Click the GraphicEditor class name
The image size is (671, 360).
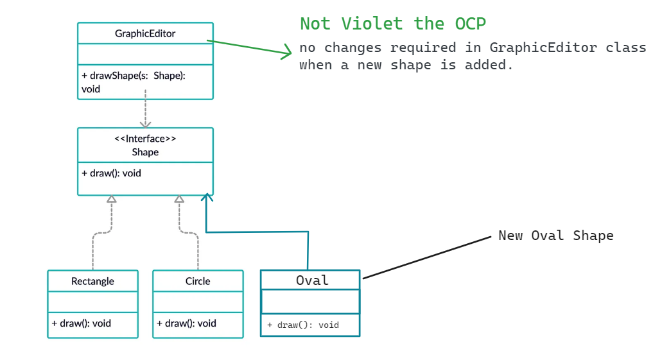[145, 33]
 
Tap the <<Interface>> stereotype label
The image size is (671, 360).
[145, 139]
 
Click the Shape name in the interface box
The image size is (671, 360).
[145, 152]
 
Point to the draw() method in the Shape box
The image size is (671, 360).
[111, 173]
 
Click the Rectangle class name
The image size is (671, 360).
[92, 281]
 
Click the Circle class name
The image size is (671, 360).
[198, 281]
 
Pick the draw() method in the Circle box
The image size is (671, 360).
[186, 323]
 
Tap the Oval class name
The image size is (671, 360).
[312, 280]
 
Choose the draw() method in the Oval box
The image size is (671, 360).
[302, 325]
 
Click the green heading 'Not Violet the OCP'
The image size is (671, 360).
[392, 24]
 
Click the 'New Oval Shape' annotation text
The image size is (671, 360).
[555, 236]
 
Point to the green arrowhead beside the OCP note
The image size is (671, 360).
[286, 53]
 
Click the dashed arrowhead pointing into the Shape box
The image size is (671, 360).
[146, 123]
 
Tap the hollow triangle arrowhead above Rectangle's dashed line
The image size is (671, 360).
[112, 200]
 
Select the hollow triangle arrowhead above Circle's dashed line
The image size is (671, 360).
[179, 200]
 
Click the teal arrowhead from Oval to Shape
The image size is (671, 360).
[207, 197]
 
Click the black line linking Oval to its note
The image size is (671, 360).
[427, 257]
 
